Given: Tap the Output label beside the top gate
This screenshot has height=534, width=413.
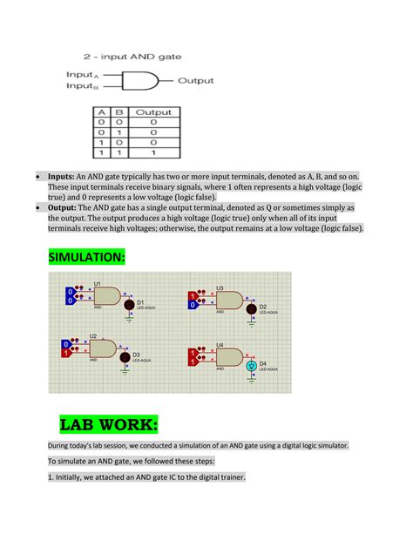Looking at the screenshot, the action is coord(195,81).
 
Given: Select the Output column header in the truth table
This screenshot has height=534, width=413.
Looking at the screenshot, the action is coord(154,112).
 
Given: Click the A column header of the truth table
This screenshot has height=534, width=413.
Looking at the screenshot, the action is coord(102,112).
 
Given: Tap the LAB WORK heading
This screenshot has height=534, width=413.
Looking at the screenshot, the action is coord(109,425).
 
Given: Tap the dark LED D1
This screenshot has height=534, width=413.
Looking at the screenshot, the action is coord(127,304).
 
